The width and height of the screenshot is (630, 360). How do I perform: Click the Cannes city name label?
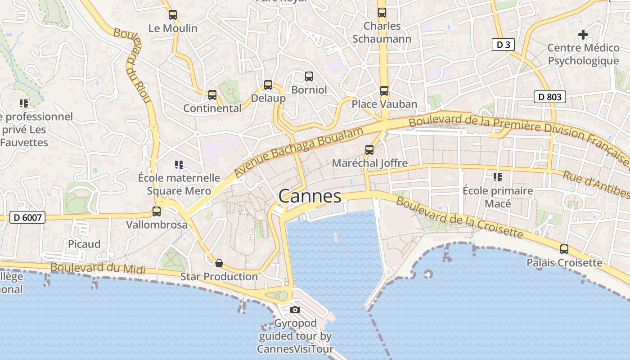(310, 197)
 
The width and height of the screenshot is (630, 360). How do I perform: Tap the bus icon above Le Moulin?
(173, 15)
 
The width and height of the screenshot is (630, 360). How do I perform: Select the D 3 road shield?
(503, 45)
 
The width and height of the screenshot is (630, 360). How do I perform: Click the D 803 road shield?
(549, 96)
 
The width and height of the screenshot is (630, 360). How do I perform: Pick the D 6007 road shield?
(27, 218)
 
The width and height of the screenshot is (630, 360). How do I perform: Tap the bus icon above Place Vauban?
(384, 91)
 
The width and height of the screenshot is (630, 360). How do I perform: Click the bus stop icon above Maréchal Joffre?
(369, 150)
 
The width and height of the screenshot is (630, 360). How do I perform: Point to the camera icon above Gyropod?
(295, 310)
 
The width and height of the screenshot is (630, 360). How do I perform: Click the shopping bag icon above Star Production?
(219, 263)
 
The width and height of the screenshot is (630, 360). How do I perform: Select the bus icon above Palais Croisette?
(564, 249)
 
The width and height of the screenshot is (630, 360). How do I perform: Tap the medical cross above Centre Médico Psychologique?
(583, 34)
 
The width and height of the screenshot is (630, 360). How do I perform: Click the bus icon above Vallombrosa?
(157, 211)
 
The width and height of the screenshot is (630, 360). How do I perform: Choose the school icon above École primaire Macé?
(497, 177)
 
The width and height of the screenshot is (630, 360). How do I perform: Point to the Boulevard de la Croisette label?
(459, 217)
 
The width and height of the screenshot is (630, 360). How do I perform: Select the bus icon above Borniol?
(309, 76)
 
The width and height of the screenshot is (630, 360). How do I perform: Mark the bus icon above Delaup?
(268, 85)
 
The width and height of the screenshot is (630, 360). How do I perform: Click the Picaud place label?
(84, 244)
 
